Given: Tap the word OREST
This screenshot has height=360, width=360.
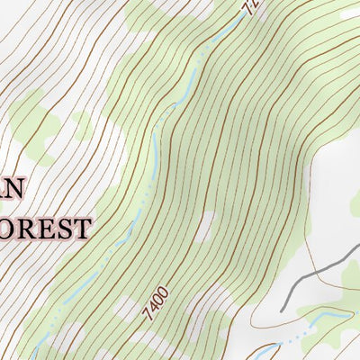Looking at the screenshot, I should [47, 227].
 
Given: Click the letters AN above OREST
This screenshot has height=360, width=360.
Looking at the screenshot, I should [11, 188].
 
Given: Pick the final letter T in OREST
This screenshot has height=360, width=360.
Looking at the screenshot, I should [81, 227].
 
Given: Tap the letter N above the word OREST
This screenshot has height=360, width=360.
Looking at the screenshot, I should [16, 188].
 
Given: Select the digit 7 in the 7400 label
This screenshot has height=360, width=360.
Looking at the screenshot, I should [146, 316].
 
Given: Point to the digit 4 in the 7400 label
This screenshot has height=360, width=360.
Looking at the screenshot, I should [151, 309].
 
